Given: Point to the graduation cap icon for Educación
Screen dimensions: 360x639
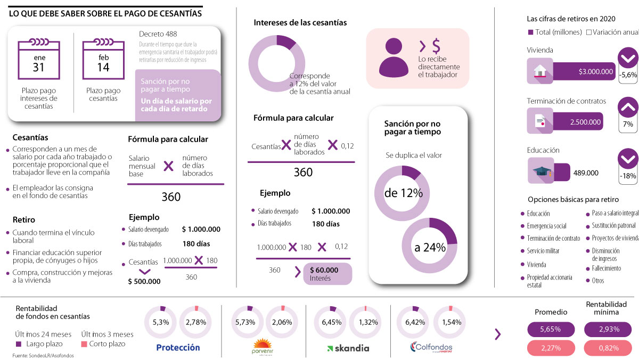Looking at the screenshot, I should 540,171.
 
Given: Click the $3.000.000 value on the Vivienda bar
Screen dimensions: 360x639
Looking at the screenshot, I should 596,71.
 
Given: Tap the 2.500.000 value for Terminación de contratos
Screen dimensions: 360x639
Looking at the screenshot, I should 585,122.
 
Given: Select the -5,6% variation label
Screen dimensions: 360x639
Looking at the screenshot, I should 628,75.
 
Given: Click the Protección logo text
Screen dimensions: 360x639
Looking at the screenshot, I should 178,348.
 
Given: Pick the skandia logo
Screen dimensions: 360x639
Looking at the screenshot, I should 348,348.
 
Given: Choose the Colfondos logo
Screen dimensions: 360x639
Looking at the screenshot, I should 431,348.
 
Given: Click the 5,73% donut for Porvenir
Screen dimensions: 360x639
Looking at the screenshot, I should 245,322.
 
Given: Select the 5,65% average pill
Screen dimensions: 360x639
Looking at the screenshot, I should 550,329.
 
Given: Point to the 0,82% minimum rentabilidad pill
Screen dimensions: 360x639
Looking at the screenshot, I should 609,348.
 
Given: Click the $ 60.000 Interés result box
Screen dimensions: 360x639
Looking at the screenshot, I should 327,274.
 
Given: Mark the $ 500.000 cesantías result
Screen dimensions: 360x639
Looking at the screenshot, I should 144,281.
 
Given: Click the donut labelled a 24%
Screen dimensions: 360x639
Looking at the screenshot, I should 430,247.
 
